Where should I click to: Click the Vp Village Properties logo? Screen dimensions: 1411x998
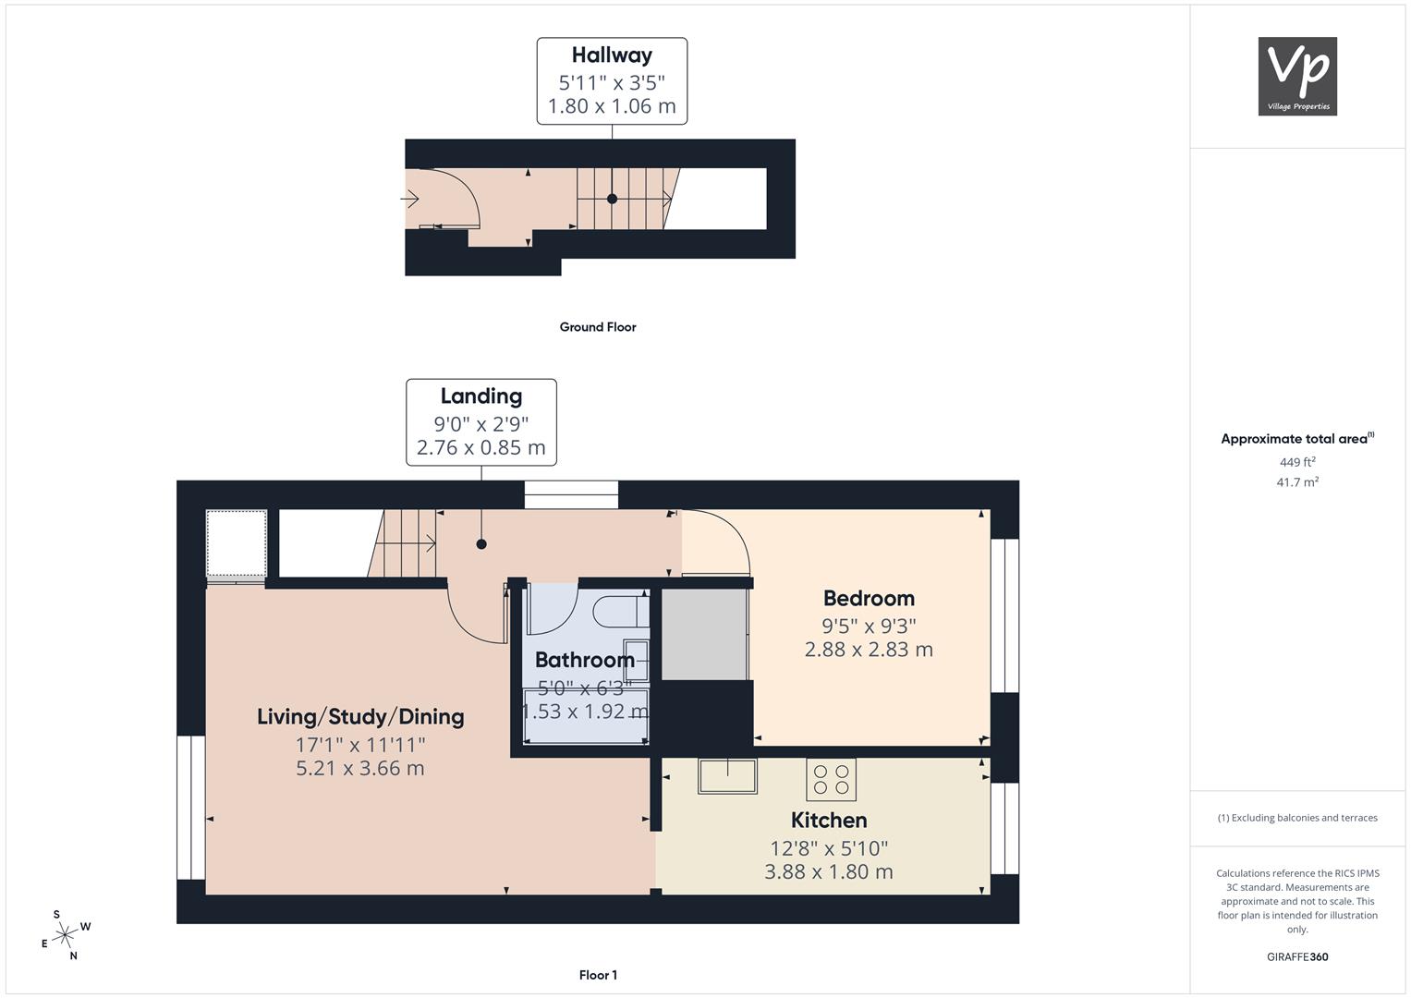coord(1297,76)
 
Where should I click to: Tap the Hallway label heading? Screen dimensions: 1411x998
coord(612,55)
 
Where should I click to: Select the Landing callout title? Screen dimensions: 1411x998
coord(481,396)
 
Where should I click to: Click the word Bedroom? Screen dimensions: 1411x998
coord(869,598)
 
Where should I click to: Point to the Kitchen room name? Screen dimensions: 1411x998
coord(829,821)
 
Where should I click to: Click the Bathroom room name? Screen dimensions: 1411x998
coord(585,660)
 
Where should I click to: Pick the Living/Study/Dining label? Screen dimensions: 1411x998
coord(360,717)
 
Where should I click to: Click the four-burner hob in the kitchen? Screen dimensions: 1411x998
coord(831,779)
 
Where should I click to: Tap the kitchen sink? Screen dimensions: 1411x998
coord(727,775)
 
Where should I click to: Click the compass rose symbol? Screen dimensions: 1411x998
coord(66,935)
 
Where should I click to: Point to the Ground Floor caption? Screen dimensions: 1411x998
coord(598,327)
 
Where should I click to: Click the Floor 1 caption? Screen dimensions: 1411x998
coord(598,975)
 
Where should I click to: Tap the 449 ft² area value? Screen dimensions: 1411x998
coord(1297,462)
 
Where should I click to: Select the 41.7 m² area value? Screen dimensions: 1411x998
coord(1297,482)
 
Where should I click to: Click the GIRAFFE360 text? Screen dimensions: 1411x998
coord(1297,956)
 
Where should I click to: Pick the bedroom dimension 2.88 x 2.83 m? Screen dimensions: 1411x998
coord(869,650)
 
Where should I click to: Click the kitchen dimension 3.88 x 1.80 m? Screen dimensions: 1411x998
coord(829,872)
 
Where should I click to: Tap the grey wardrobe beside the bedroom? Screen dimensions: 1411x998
coord(704,635)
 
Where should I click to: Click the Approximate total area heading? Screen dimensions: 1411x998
coord(1297,439)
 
